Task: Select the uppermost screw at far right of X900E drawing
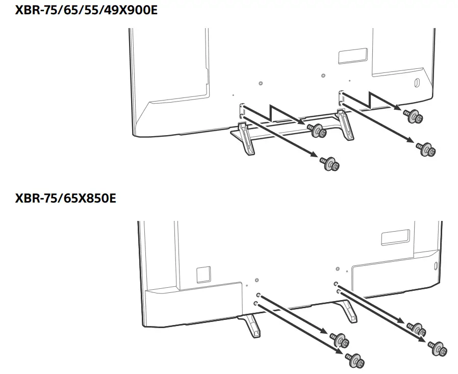pyautogui.click(x=413, y=117)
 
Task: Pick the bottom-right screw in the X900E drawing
pyautogui.click(x=426, y=148)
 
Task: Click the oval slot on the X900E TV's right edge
pyautogui.click(x=415, y=82)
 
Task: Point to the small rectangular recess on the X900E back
pyautogui.click(x=352, y=55)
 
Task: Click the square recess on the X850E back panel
pyautogui.click(x=203, y=273)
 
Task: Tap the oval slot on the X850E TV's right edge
pyautogui.click(x=435, y=266)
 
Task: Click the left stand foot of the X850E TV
pyautogui.click(x=250, y=326)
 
